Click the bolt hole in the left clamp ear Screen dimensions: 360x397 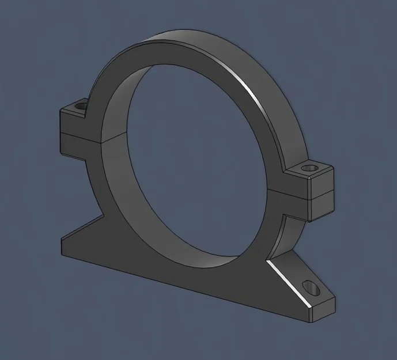pyautogui.click(x=80, y=107)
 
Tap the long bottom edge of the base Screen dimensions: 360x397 pyautogui.click(x=184, y=288)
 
